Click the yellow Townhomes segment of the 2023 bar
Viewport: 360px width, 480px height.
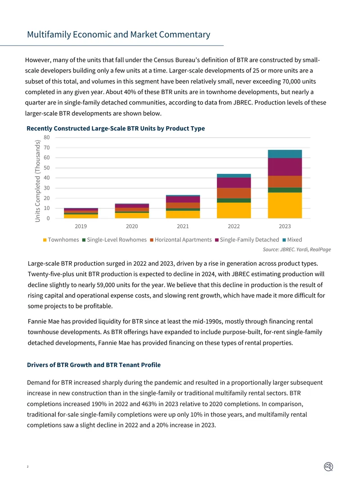click(x=285, y=205)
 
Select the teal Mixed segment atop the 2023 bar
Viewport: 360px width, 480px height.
click(x=285, y=154)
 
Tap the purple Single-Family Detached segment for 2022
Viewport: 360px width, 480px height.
click(x=234, y=183)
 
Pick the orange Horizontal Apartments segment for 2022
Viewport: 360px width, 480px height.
click(x=234, y=193)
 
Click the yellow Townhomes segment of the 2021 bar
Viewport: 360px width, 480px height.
click(x=183, y=214)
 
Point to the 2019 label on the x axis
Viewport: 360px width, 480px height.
click(x=81, y=226)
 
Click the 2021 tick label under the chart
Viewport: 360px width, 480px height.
click(x=183, y=226)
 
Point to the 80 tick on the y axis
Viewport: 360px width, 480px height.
click(x=46, y=137)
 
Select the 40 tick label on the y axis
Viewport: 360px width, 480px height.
click(x=46, y=178)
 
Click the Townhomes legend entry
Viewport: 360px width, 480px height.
click(x=61, y=240)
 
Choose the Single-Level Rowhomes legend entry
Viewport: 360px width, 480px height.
click(x=114, y=240)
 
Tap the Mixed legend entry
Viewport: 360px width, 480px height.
click(x=292, y=240)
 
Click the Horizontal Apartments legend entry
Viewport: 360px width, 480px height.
click(x=181, y=240)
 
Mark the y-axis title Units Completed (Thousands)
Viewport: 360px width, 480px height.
click(x=38, y=181)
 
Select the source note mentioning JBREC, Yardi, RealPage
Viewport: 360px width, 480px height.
click(x=297, y=249)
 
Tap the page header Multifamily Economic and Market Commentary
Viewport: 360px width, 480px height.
click(x=119, y=34)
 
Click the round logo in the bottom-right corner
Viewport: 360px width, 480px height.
click(x=328, y=466)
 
